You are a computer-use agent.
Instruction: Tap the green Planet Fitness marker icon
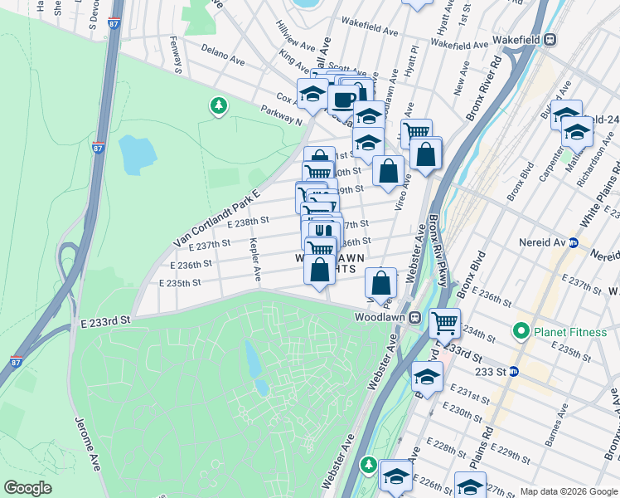[521, 332]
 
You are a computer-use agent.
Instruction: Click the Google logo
[28, 488]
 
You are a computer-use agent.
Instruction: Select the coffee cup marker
[342, 99]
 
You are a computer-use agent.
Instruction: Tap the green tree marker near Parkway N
[218, 105]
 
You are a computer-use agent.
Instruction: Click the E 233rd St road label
[106, 320]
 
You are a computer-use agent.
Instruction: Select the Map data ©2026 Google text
[569, 491]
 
